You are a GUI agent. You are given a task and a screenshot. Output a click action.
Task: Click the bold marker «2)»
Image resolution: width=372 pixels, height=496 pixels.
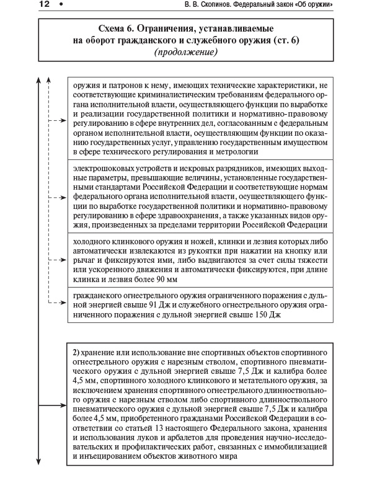[77, 352]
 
